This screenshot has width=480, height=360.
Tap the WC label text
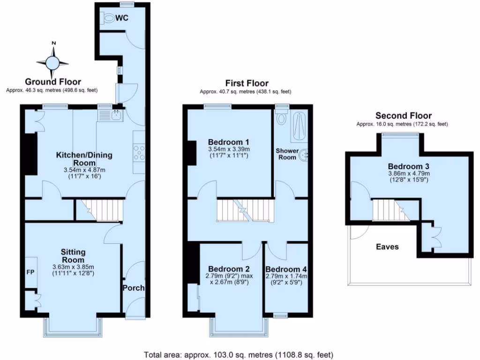[122, 18]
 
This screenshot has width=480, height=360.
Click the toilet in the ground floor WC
[108, 18]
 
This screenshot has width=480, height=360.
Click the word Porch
[134, 288]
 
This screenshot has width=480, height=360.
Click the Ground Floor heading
[53, 82]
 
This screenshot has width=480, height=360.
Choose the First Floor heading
[246, 83]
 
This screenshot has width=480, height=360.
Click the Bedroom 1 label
[228, 142]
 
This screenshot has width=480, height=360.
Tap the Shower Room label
[287, 154]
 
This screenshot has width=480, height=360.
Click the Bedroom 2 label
[228, 269]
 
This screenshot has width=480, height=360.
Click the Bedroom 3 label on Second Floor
[408, 166]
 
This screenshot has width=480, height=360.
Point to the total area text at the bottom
[238, 354]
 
